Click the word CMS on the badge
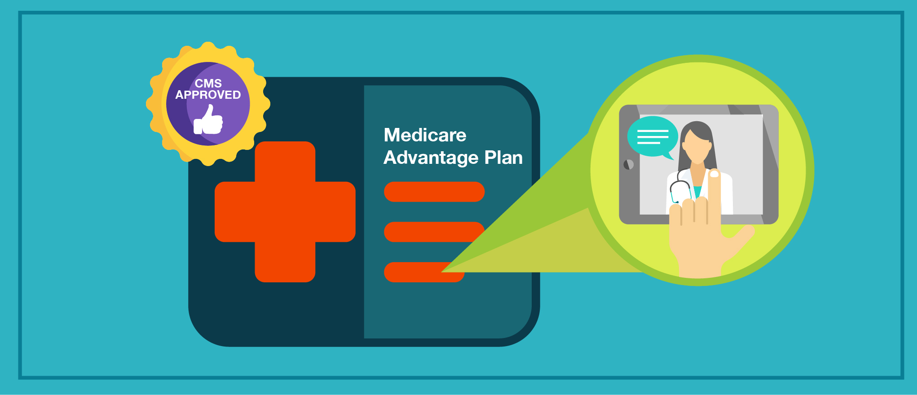[208, 83]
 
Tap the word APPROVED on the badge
[208, 95]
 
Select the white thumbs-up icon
[208, 119]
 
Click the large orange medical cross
[285, 212]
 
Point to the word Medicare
[425, 135]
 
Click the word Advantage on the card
[431, 158]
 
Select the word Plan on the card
[503, 158]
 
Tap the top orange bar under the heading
[434, 192]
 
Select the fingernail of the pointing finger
[714, 174]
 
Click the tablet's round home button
[629, 165]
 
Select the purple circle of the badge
[208, 104]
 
